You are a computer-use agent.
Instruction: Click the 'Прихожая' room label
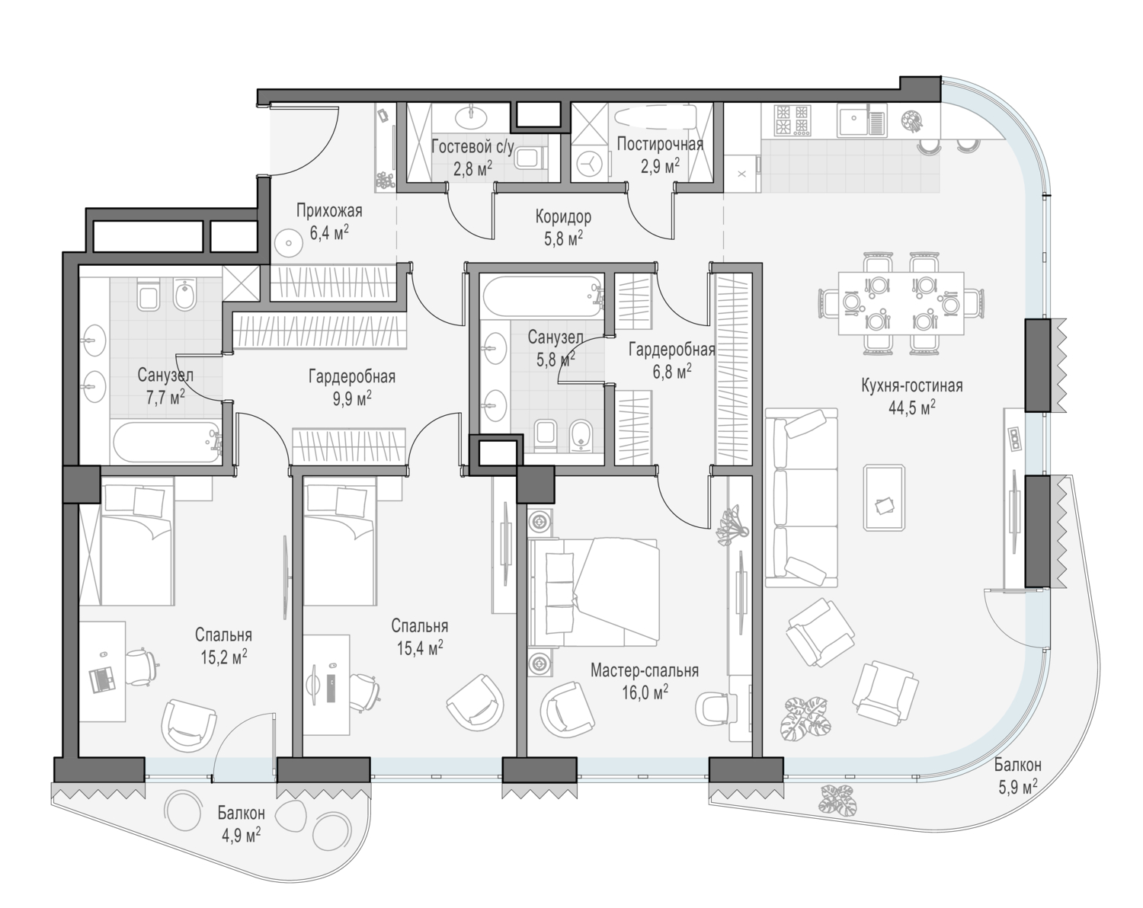(328, 211)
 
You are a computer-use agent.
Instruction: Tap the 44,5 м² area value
(911, 408)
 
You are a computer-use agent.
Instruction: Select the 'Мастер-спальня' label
(644, 670)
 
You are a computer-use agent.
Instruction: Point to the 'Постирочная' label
(660, 145)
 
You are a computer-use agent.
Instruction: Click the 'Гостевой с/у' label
(472, 146)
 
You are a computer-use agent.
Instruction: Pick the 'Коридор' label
(563, 216)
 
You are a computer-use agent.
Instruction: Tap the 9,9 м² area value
(351, 398)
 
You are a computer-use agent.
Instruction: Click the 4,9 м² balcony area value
(241, 836)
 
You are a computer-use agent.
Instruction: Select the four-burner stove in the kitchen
(793, 119)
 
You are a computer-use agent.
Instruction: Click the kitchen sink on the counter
(861, 119)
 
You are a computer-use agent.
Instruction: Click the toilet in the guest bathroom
(532, 158)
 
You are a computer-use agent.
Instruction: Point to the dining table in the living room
(901, 303)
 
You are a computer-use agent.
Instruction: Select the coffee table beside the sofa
(884, 497)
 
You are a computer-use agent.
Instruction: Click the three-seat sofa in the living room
(801, 498)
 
